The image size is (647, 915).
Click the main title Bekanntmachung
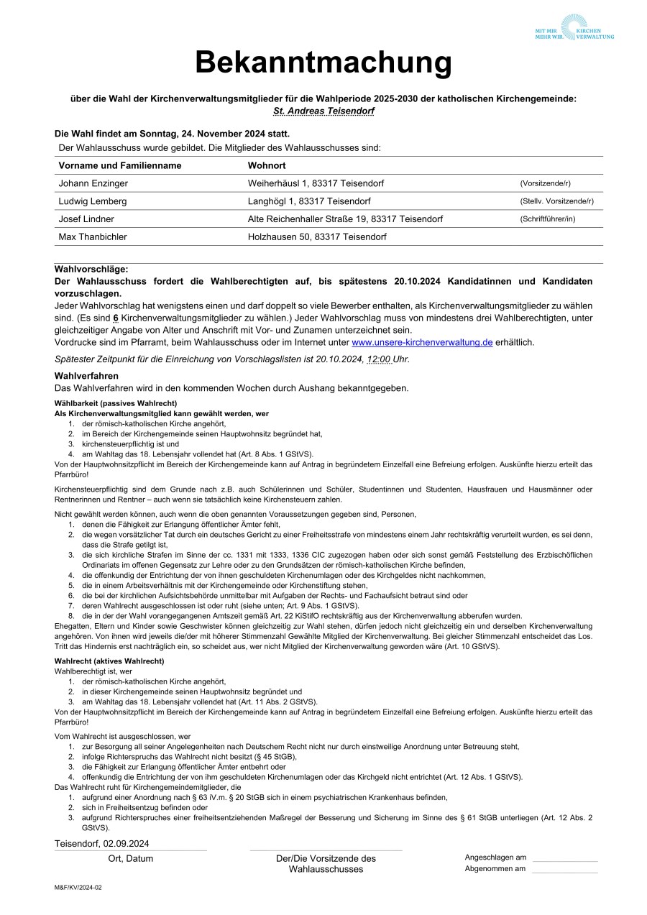(x=323, y=63)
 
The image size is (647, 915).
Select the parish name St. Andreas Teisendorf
(x=323, y=111)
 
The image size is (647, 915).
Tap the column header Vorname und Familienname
(x=120, y=165)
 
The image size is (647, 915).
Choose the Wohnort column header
(x=267, y=165)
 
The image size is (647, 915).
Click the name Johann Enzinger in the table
(x=93, y=183)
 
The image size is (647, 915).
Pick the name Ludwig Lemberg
(x=93, y=201)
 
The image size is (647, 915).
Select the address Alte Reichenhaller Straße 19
(x=345, y=219)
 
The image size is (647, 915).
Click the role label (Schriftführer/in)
(x=548, y=219)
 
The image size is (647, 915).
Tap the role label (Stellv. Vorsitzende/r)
(x=556, y=201)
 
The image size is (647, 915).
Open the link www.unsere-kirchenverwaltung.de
(x=422, y=342)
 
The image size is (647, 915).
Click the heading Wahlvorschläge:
(x=91, y=269)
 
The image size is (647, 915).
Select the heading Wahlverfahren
(x=86, y=376)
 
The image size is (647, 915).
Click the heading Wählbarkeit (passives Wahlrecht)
(x=116, y=403)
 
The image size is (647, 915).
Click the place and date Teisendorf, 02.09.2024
(x=102, y=843)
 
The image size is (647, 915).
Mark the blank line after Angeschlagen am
(x=564, y=858)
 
